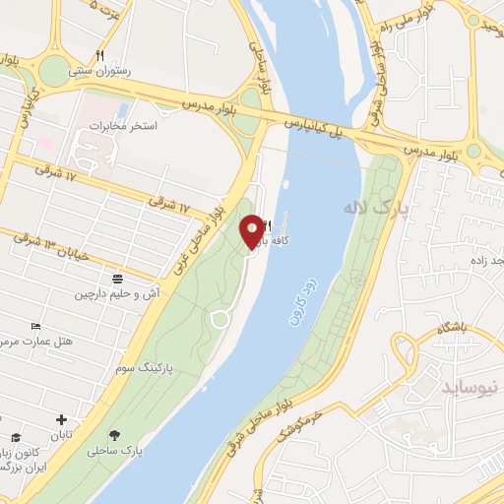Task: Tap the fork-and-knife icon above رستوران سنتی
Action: pyautogui.click(x=99, y=55)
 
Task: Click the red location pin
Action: pyautogui.click(x=253, y=230)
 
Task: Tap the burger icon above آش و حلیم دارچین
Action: pyautogui.click(x=118, y=279)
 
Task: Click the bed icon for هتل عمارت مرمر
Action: pyautogui.click(x=37, y=326)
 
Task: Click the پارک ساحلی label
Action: pyautogui.click(x=114, y=452)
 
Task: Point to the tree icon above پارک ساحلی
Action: pyautogui.click(x=116, y=435)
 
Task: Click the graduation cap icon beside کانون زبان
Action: pyautogui.click(x=16, y=437)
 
